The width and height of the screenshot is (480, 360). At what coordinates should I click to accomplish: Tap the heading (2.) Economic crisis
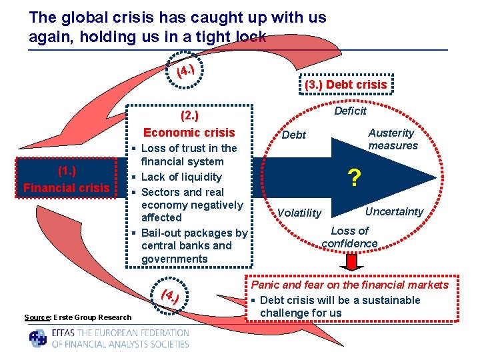[x=189, y=124]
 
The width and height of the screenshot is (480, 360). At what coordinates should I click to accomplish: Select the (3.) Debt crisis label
[x=345, y=85]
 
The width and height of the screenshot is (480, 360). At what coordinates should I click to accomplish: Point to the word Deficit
[x=350, y=111]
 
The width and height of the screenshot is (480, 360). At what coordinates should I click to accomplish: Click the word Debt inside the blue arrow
[x=294, y=135]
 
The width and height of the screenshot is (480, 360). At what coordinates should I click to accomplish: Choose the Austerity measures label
[x=393, y=139]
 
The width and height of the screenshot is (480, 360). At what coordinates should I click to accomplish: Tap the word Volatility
[x=299, y=213]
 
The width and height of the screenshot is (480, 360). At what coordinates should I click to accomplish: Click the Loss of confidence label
[x=349, y=237]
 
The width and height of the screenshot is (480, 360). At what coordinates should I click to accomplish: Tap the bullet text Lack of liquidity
[x=181, y=177]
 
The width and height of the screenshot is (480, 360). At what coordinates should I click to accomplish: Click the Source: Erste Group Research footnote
[x=78, y=317]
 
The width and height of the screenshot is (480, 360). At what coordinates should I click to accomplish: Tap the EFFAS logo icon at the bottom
[x=38, y=338]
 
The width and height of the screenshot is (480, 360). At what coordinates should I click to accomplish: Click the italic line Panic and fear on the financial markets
[x=349, y=285]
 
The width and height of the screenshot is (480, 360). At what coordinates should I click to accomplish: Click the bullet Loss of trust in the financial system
[x=189, y=155]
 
